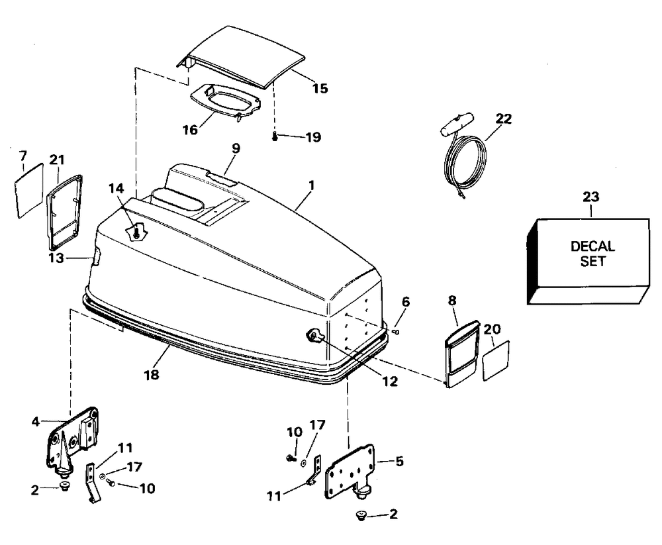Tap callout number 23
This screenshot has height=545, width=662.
(x=591, y=195)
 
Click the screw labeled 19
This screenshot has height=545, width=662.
(x=274, y=137)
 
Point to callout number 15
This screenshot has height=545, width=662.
(x=320, y=88)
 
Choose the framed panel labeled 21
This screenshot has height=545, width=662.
(x=64, y=209)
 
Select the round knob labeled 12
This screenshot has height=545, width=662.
(x=313, y=337)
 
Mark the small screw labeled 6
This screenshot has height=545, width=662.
(x=395, y=331)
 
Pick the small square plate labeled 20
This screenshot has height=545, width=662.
(x=496, y=361)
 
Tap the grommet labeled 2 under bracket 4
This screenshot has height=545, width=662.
(x=65, y=488)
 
